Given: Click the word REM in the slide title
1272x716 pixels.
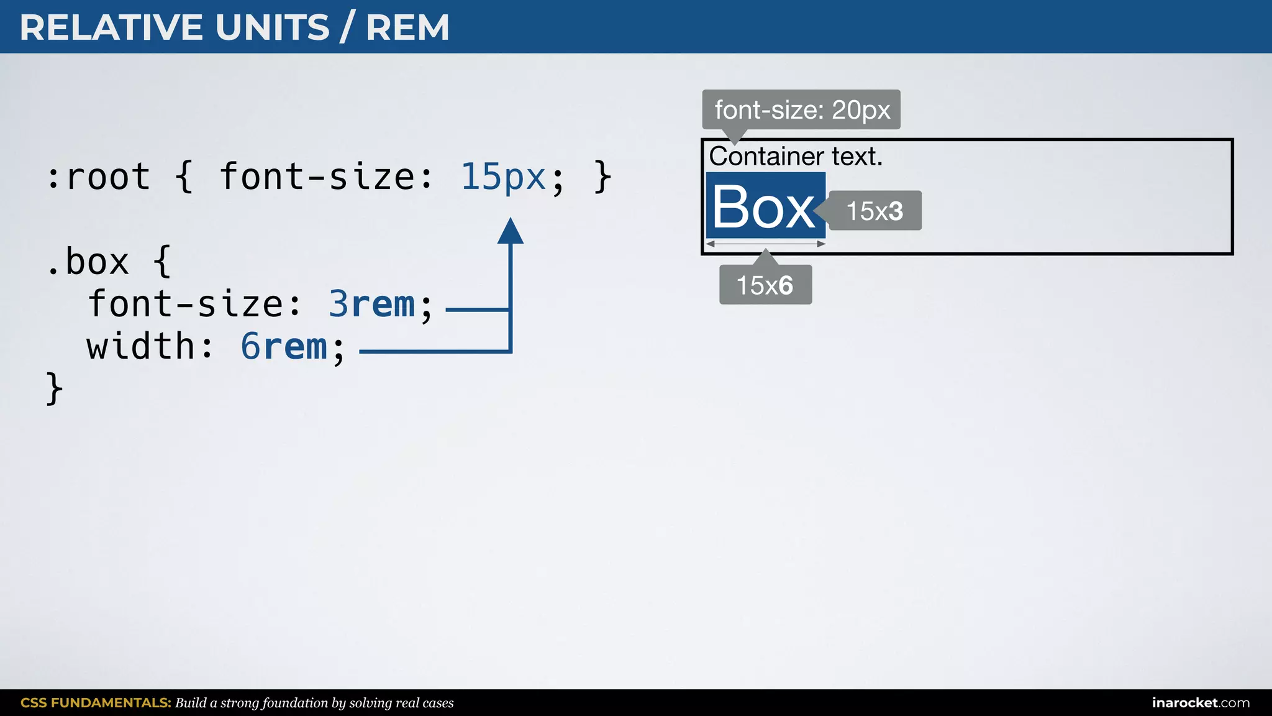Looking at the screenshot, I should click(x=407, y=28).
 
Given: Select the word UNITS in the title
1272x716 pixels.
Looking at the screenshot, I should click(x=272, y=28).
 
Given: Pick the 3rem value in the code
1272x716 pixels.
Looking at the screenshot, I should click(x=371, y=305).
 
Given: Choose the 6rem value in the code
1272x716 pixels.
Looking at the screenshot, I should click(x=284, y=347).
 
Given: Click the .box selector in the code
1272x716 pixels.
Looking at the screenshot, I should click(x=88, y=262).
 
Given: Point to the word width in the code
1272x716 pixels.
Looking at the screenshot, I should click(x=141, y=347).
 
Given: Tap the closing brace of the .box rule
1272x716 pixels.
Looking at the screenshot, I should click(x=55, y=389).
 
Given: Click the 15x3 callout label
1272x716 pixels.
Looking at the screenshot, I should click(x=874, y=211).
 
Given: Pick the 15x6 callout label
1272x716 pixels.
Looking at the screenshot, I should click(x=765, y=285).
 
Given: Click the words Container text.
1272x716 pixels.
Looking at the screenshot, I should click(x=796, y=157).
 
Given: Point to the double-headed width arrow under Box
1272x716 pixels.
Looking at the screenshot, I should click(x=765, y=244).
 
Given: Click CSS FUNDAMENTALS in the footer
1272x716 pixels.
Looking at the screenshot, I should click(x=96, y=703).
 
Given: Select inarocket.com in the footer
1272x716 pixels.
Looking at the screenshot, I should click(x=1201, y=703).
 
